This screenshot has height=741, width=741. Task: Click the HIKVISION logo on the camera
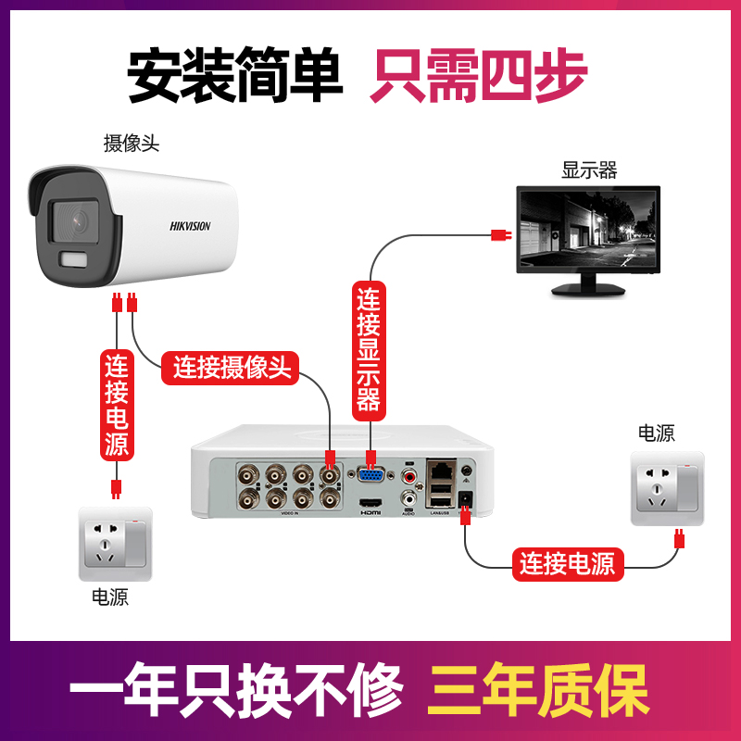point(190,226)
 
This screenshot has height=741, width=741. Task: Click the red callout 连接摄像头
point(232,368)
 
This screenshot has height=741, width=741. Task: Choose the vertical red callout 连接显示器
point(369,348)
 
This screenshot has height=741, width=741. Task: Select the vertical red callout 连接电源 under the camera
point(117,404)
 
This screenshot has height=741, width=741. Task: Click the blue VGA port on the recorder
point(370,476)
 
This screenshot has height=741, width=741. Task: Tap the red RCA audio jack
point(408,476)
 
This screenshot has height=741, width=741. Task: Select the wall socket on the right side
point(667,488)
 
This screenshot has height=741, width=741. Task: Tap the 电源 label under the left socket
point(110,597)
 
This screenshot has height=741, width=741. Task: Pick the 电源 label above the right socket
point(656,433)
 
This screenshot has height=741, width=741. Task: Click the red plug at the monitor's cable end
point(500,235)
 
